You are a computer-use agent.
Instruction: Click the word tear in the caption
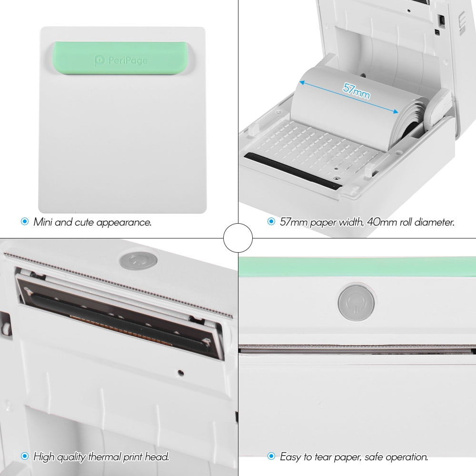(318, 457)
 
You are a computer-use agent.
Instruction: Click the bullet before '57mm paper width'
(271, 221)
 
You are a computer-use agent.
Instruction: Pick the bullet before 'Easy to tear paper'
(271, 456)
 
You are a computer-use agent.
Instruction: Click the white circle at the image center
(238, 238)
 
